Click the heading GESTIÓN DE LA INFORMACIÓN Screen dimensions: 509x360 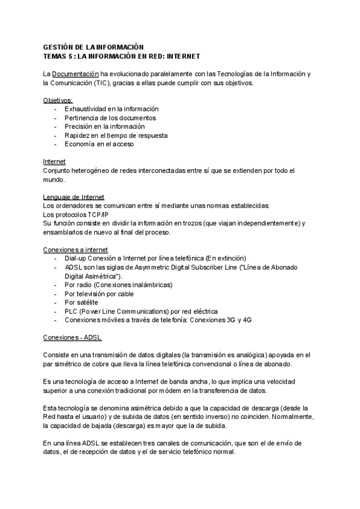(x=94, y=46)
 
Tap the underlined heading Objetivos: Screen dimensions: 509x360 (x=58, y=100)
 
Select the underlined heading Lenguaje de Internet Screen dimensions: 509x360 (x=74, y=197)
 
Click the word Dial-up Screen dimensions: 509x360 (x=76, y=258)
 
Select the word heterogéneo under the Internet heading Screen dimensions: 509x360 (x=91, y=170)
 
